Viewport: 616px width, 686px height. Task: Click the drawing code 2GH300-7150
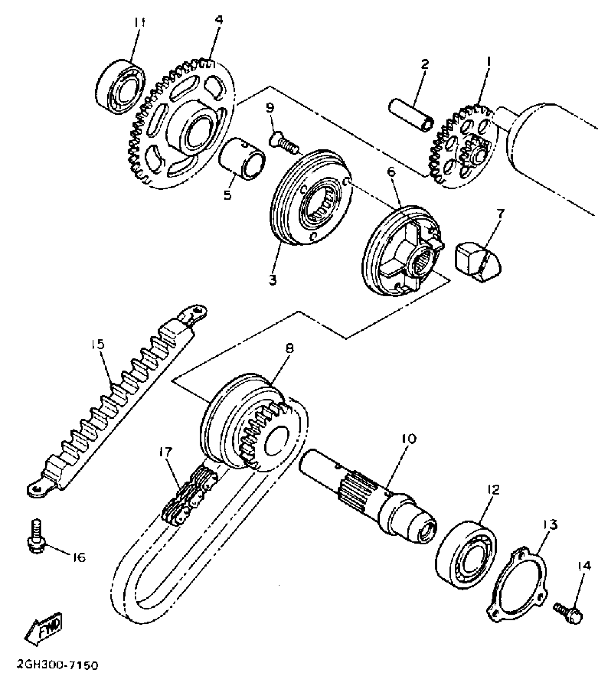click(57, 666)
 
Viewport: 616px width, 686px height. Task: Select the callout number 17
click(167, 452)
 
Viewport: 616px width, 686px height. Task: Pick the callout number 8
click(289, 348)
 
